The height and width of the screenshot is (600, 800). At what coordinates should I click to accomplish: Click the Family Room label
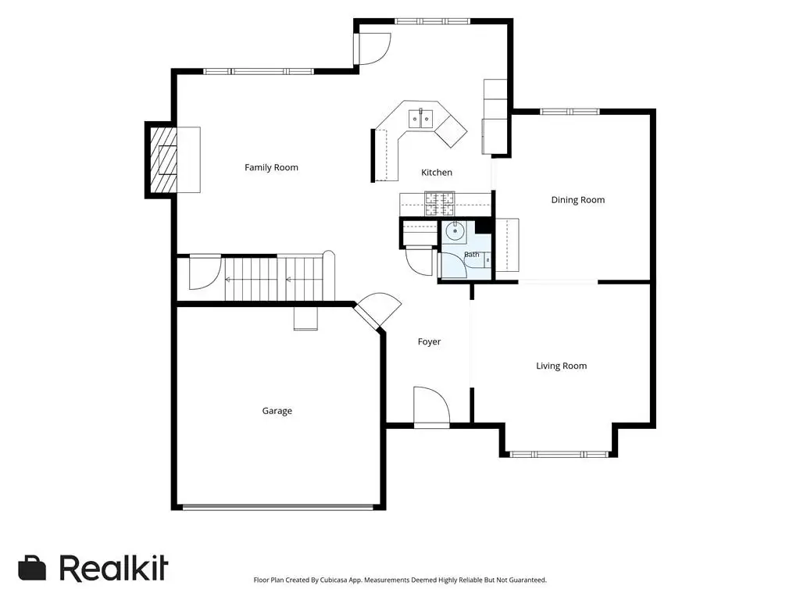click(271, 167)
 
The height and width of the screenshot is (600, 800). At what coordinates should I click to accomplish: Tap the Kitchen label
click(436, 173)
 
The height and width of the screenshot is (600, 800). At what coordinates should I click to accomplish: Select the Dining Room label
click(577, 200)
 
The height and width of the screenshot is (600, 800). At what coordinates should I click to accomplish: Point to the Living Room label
click(561, 366)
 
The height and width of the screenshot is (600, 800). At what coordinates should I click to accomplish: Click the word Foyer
click(429, 342)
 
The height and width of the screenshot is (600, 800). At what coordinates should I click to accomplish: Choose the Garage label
click(277, 411)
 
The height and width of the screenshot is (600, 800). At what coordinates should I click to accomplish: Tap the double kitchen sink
click(420, 119)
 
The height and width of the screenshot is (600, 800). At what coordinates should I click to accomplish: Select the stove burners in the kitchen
click(440, 204)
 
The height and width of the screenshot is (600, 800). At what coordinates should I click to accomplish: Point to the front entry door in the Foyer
click(431, 406)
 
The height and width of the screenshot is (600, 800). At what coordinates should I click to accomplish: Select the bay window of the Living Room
click(559, 454)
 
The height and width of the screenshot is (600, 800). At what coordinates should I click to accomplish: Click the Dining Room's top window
click(570, 112)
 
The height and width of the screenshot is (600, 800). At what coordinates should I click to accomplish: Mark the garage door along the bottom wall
click(278, 507)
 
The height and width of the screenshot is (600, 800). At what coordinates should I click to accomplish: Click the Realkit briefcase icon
click(32, 569)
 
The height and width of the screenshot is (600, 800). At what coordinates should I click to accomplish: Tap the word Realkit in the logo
click(113, 568)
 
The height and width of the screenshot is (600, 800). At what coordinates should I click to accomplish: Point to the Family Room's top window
click(258, 71)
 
